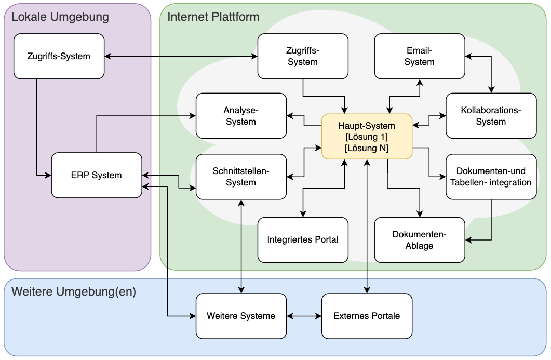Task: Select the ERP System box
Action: tap(97, 175)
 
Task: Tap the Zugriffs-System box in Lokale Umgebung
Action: tap(59, 56)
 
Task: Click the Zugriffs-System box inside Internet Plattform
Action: tap(303, 56)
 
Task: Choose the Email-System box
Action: tap(419, 56)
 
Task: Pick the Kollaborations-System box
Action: tap(491, 116)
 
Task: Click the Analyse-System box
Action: tap(241, 116)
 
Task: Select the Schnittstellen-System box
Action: tap(241, 177)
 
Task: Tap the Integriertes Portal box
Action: tap(303, 239)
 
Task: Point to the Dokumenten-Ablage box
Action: tap(419, 239)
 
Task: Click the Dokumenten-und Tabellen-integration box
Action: tap(491, 177)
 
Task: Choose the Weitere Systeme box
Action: tap(241, 316)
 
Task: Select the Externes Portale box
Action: tap(367, 316)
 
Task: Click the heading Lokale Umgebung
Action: tap(60, 17)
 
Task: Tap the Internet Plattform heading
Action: tap(213, 17)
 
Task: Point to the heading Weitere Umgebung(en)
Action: tap(73, 291)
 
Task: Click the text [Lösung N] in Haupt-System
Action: tap(367, 148)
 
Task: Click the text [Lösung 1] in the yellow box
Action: tap(367, 137)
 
